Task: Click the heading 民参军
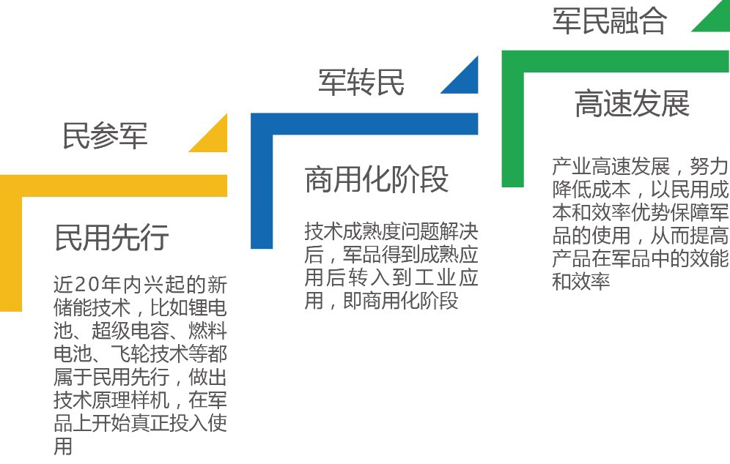click(106, 135)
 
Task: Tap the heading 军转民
click(361, 82)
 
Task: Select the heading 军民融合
click(609, 21)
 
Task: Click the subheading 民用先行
click(111, 238)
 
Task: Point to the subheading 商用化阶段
click(377, 179)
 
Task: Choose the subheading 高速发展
click(633, 104)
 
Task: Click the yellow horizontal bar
click(114, 186)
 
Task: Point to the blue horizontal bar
click(364, 124)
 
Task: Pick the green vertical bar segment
click(512, 119)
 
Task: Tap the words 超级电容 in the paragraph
click(130, 331)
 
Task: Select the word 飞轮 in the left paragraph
click(130, 354)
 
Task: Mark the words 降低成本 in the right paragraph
click(591, 190)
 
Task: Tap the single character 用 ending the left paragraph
click(63, 446)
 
